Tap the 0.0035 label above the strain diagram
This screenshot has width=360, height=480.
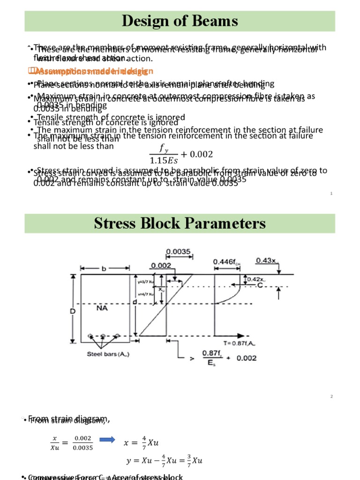pyautogui.click(x=179, y=252)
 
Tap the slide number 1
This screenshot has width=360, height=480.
pyautogui.click(x=331, y=193)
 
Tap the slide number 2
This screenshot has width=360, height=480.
pyautogui.click(x=331, y=397)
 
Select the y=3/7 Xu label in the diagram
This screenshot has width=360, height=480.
pyautogui.click(x=145, y=282)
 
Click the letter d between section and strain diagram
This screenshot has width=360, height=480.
pyautogui.click(x=135, y=302)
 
